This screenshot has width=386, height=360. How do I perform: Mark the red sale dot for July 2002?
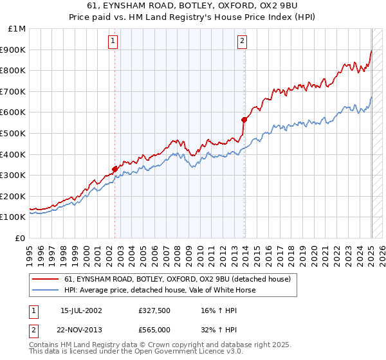coord(115,169)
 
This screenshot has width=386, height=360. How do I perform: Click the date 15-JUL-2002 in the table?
coord(81,310)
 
